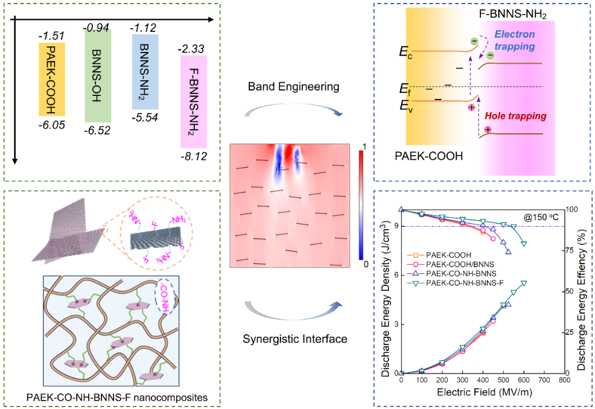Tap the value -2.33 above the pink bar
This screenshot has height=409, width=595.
(192, 49)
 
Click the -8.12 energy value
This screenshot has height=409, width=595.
(194, 156)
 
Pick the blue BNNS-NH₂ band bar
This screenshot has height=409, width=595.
(145, 71)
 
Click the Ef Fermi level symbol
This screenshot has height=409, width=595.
(406, 89)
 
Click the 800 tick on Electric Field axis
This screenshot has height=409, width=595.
(564, 381)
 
